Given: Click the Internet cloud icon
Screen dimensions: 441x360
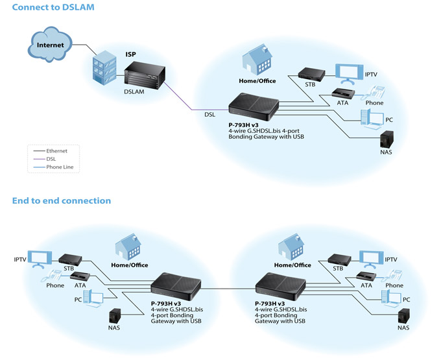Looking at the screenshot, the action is point(50,44).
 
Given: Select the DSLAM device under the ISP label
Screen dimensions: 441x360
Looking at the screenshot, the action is point(145,76).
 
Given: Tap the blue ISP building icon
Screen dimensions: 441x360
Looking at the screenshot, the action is point(104,67).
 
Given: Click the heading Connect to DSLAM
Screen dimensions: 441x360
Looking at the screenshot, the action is point(53,7).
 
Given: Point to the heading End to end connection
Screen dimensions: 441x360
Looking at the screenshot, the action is point(62,201).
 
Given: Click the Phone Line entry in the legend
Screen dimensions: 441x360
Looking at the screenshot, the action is point(53,167).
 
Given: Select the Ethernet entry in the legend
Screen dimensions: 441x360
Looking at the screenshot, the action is point(51,151).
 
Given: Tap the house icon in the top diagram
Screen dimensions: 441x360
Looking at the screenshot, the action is point(257,60).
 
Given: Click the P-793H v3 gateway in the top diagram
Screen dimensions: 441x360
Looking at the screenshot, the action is point(254,107).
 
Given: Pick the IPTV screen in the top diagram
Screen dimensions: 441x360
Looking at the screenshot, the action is point(349,74).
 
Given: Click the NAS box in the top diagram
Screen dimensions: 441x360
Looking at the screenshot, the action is point(387,139).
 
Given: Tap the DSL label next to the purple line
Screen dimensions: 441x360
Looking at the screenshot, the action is point(210,115).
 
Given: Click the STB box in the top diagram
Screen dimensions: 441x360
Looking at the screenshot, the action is point(311,74).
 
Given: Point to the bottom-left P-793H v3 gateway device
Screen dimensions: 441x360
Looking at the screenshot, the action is point(176,286).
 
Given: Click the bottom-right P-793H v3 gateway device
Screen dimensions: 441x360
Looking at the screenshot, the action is point(280,286).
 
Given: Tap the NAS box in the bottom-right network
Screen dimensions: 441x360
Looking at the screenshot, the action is point(404,317).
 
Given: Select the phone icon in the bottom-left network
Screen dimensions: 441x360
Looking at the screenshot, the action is point(52,276).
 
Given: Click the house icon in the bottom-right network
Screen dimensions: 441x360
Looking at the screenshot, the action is point(292,247).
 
